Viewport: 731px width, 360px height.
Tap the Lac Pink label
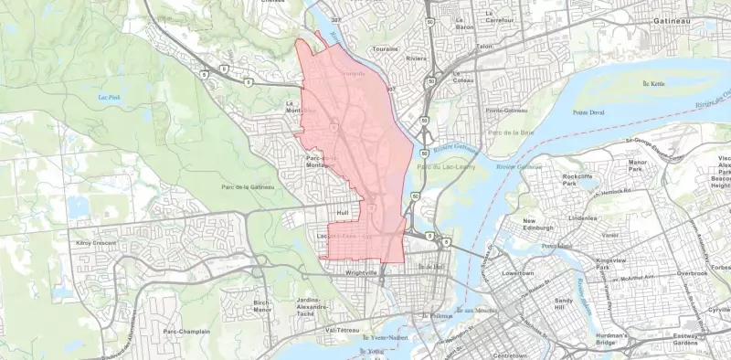point(110,97)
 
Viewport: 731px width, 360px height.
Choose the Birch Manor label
point(263,305)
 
